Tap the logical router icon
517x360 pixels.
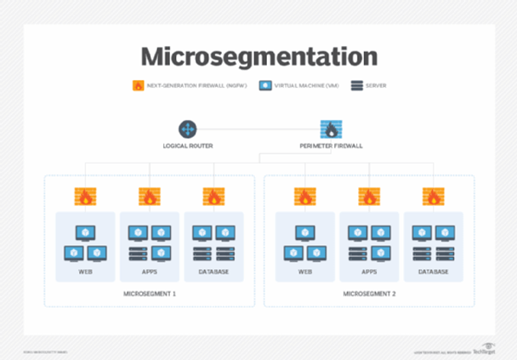(x=187, y=129)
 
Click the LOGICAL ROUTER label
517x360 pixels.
(x=187, y=146)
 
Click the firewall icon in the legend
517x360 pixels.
(x=138, y=85)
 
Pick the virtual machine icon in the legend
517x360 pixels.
(x=266, y=85)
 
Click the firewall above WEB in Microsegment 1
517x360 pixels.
(x=85, y=197)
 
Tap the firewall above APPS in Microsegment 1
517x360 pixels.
(x=150, y=197)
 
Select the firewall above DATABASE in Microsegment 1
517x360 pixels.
(x=213, y=197)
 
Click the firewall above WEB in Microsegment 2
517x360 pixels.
(x=304, y=197)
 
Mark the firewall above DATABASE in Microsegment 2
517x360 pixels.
(x=433, y=197)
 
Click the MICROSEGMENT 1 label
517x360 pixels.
(x=150, y=294)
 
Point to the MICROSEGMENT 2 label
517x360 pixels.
(x=369, y=294)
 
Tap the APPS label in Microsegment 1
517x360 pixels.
(x=150, y=271)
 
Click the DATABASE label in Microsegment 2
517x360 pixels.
(x=433, y=271)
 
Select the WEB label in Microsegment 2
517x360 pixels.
(x=304, y=271)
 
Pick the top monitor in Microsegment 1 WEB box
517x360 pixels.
(x=85, y=231)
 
